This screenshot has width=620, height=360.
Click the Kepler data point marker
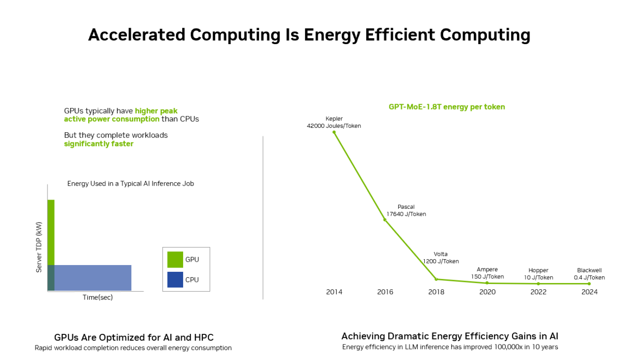coord(334,132)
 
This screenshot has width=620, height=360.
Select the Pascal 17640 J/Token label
coord(406,211)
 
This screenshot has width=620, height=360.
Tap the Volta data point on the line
coord(436,279)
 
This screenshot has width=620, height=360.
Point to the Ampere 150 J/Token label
coord(487,273)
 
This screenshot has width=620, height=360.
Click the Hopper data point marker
coord(538,283)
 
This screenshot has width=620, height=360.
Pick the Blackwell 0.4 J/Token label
coord(589,274)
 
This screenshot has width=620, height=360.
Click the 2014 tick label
coord(334,292)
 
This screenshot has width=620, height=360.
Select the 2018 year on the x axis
coord(436,292)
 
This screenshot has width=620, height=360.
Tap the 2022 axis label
coord(538,292)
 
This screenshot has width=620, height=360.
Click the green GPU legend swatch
coord(175,259)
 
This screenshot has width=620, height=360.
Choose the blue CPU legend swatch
coord(175,280)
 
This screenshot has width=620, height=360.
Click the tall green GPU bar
coord(51,232)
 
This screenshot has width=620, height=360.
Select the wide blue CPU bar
coord(92,278)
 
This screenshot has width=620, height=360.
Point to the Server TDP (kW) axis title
coord(39,247)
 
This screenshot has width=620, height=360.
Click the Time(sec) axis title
coord(97,297)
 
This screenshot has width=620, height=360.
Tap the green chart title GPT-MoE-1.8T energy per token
coord(447,107)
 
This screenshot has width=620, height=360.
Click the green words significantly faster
coord(98,144)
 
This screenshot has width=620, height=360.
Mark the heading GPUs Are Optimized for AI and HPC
coord(134,337)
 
